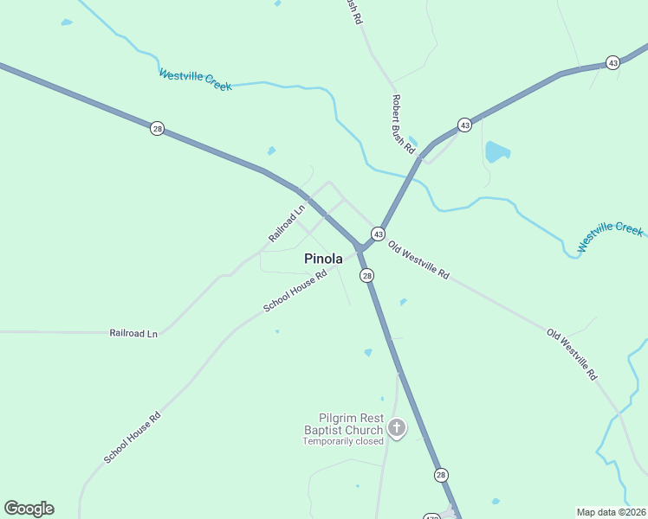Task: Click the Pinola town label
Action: (323, 259)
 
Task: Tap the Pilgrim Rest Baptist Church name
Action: (343, 424)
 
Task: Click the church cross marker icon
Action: (397, 427)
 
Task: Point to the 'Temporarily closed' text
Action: (342, 441)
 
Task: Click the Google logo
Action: (29, 509)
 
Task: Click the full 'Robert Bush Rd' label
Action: (403, 124)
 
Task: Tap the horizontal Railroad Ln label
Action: (133, 333)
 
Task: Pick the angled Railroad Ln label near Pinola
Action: (287, 222)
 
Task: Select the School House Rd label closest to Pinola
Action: (295, 291)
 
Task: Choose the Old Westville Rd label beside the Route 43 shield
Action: (418, 259)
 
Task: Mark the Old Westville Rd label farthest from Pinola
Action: (572, 355)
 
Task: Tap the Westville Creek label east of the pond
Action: (611, 236)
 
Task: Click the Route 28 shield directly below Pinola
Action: (367, 275)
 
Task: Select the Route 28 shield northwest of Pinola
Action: (157, 128)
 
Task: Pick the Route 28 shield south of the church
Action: (441, 475)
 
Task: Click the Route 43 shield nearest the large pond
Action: (464, 125)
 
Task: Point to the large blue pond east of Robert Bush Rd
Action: (496, 152)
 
